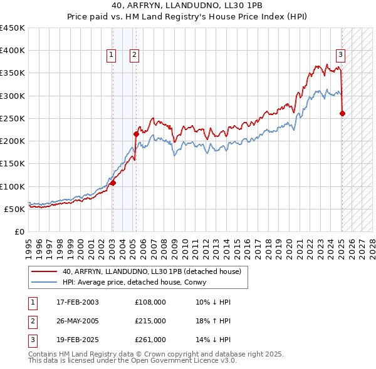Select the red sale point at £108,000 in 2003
[113, 183]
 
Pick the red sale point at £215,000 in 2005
[137, 134]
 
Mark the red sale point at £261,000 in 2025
[342, 113]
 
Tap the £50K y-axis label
[15, 209]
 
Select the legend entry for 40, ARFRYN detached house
[156, 271]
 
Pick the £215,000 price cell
[150, 321]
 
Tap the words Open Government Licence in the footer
[178, 361]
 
